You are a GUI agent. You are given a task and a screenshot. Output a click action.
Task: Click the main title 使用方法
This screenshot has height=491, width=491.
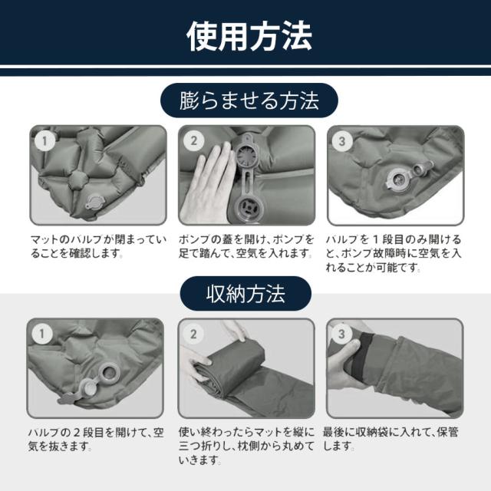[x=249, y=36]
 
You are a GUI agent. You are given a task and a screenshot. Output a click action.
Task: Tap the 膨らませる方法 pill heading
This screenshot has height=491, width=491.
[x=249, y=101]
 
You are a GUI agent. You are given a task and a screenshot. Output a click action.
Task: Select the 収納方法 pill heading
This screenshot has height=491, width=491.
[x=245, y=294]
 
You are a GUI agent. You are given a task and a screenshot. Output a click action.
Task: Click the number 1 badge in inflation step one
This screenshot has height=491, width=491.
[x=44, y=140]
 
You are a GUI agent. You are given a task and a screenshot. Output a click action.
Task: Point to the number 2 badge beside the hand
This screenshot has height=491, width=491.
[x=193, y=140]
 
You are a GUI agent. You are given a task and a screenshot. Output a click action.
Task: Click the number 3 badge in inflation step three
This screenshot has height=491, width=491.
[x=342, y=141]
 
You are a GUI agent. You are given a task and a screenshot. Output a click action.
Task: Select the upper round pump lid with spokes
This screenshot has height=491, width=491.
[x=246, y=155]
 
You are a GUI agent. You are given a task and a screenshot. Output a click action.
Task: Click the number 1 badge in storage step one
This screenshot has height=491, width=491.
[x=42, y=334]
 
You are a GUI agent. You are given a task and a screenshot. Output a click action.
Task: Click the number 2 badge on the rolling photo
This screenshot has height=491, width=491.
[x=193, y=334]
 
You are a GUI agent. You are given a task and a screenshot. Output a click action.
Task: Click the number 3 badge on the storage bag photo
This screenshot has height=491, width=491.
[x=341, y=334]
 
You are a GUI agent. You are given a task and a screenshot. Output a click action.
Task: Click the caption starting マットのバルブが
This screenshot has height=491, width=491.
[x=98, y=246]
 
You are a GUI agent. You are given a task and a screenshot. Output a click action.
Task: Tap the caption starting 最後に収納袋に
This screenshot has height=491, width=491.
[x=390, y=439]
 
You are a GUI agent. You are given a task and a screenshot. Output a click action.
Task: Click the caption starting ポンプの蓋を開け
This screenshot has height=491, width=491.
[x=246, y=246]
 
